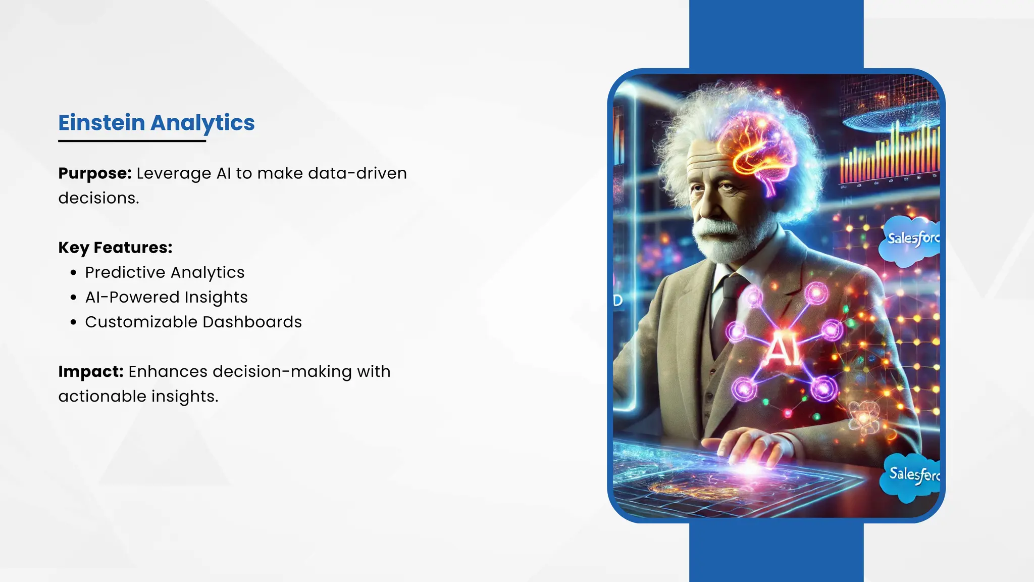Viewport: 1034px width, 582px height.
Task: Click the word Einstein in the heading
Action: [101, 123]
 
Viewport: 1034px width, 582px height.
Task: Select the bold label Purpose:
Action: [95, 173]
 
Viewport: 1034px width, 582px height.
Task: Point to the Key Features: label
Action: [115, 248]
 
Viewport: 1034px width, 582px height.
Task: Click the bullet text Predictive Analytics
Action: [165, 272]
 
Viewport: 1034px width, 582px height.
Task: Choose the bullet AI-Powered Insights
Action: [166, 297]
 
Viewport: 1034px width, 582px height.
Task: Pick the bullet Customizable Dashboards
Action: [193, 322]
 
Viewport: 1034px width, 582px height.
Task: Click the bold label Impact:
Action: [91, 371]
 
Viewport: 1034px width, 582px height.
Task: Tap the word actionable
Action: [102, 397]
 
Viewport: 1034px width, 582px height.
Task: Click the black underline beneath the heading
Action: [132, 141]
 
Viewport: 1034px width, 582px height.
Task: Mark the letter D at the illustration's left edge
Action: [617, 301]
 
